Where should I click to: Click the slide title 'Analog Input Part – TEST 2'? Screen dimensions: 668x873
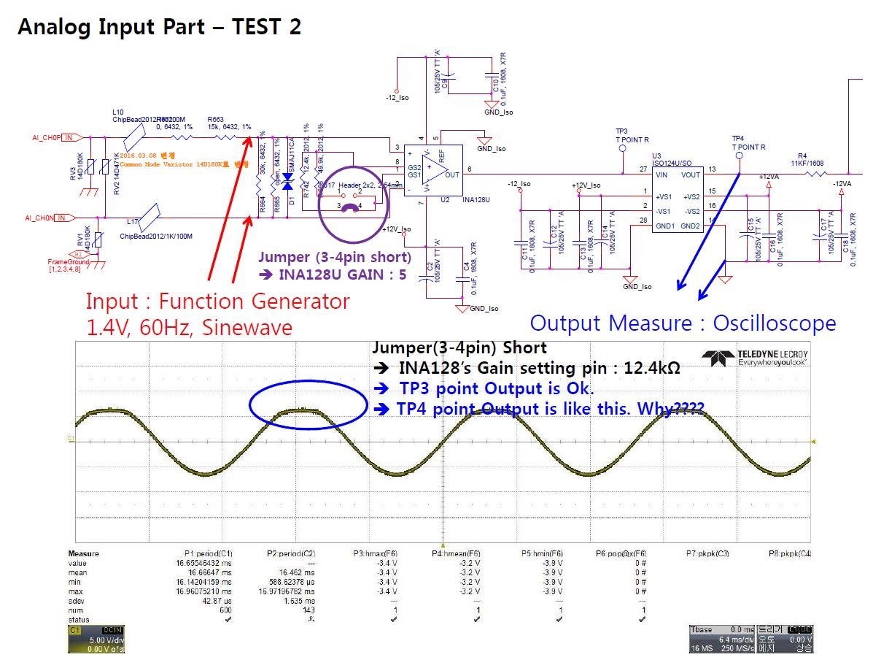[x=159, y=27]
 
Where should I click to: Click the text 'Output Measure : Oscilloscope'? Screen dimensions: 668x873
[x=683, y=323]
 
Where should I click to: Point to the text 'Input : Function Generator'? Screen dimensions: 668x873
[x=217, y=301]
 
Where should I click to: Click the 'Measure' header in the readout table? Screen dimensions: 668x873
[x=83, y=553]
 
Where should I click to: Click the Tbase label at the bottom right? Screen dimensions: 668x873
[x=702, y=629]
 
